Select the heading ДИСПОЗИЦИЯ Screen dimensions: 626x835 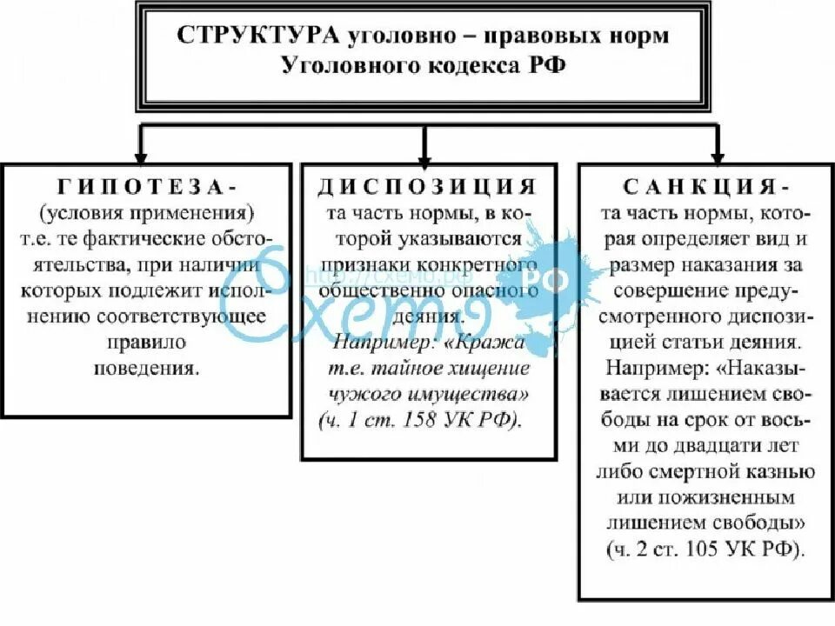[427, 187]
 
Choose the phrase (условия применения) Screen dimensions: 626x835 [146, 213]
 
